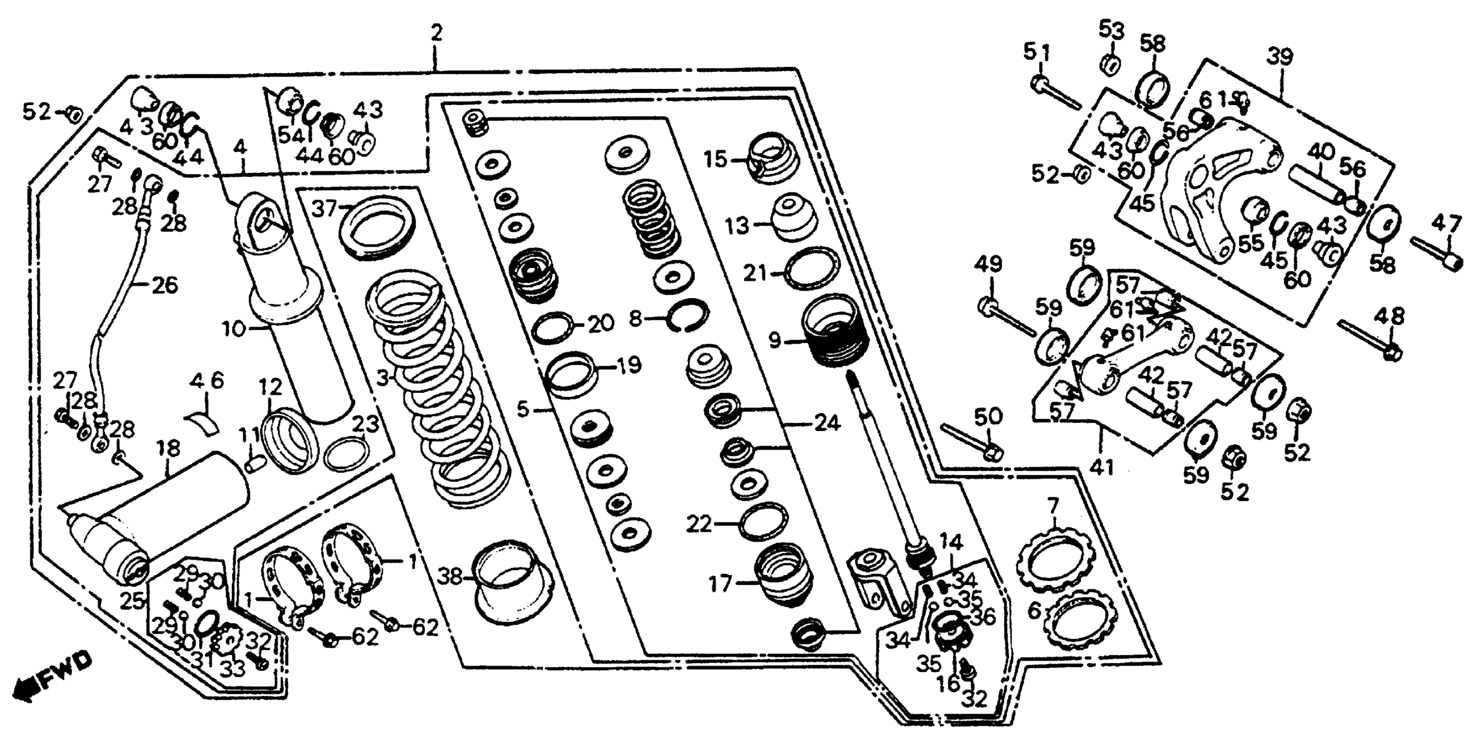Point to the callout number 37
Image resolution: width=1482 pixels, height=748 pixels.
[x=324, y=208]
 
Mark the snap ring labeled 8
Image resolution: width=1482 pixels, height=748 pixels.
[x=688, y=316]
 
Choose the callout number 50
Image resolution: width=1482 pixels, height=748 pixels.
[x=988, y=416]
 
